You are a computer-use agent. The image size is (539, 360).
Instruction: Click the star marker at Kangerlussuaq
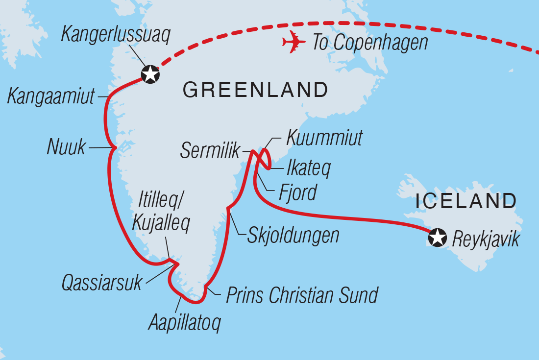(x=150, y=74)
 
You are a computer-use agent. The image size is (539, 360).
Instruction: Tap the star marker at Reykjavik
(x=438, y=238)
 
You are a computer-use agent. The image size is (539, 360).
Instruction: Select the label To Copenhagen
(x=370, y=43)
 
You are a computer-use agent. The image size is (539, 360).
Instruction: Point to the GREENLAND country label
(x=255, y=90)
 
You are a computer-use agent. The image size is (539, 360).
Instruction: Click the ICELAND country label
(x=465, y=201)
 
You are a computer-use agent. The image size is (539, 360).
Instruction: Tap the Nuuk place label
(x=66, y=147)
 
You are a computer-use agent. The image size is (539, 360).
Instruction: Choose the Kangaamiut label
(x=51, y=96)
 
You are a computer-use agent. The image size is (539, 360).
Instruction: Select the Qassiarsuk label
(x=101, y=283)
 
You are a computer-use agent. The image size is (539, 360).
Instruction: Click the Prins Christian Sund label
(x=302, y=295)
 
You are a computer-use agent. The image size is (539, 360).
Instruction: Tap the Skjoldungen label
(x=294, y=235)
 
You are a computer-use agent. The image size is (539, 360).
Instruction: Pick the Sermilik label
(x=210, y=151)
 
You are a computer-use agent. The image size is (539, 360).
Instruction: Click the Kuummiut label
(x=324, y=138)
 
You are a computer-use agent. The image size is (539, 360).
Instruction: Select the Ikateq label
(x=308, y=168)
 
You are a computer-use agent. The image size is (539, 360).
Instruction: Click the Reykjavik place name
(x=486, y=239)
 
